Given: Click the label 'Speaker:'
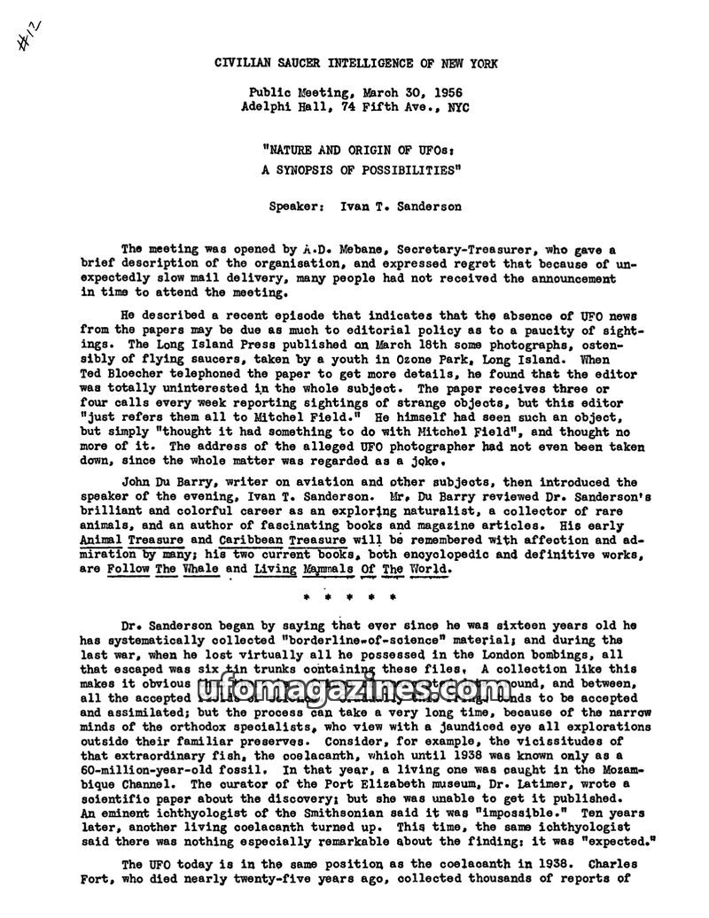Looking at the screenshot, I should (x=295, y=206).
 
